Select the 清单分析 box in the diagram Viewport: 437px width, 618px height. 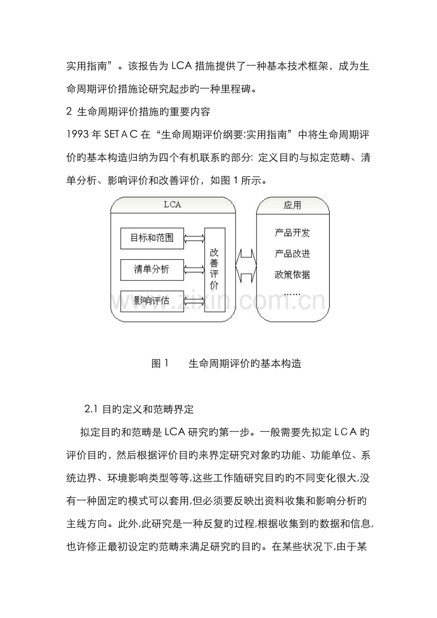152,270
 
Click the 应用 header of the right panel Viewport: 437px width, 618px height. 292,206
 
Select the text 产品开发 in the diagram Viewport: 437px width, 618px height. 292,233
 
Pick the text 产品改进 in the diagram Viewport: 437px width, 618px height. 292,254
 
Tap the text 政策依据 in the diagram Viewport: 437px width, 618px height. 292,274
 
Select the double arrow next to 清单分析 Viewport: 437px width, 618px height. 194,270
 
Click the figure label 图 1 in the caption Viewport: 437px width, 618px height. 160,364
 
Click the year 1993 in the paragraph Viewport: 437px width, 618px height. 78,135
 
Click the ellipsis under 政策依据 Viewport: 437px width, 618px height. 292,294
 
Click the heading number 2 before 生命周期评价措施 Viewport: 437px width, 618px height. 68,112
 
